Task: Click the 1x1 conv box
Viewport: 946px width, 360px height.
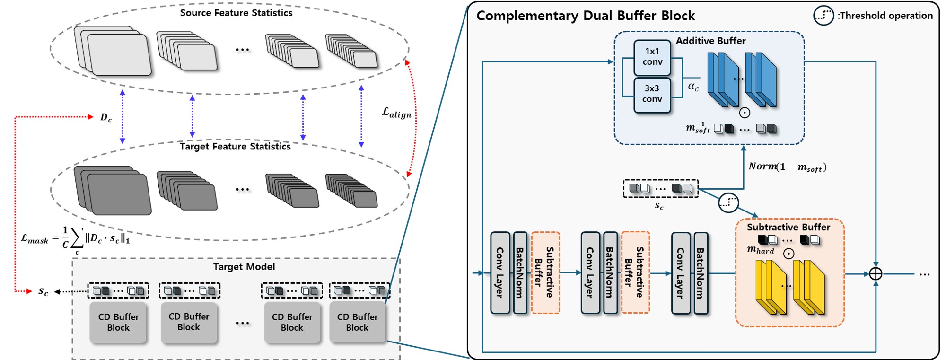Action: tap(652, 57)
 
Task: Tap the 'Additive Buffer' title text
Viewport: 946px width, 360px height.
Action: tap(710, 41)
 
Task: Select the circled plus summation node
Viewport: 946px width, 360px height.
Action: tap(876, 274)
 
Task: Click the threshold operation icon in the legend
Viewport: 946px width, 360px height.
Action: tap(823, 16)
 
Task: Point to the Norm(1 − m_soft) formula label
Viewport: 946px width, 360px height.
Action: tap(787, 167)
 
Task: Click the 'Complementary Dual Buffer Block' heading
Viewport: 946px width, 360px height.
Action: tap(585, 16)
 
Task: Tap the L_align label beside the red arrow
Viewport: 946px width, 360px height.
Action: tap(396, 113)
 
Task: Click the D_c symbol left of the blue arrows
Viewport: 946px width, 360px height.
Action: tap(106, 117)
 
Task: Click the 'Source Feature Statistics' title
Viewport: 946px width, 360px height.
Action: tap(236, 13)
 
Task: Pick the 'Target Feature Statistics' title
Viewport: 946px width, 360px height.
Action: tap(235, 147)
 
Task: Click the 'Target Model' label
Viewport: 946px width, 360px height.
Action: tap(244, 267)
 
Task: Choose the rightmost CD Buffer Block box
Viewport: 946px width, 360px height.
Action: tap(357, 322)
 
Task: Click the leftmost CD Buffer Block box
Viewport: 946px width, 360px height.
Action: tap(118, 322)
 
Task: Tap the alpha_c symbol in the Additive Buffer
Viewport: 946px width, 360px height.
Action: tap(693, 87)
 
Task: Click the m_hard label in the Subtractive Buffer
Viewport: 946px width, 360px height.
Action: tap(760, 249)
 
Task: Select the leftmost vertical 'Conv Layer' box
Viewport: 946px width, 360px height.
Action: tap(499, 273)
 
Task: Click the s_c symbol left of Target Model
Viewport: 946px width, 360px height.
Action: tap(43, 291)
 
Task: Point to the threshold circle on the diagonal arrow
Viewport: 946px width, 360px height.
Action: tap(728, 202)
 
